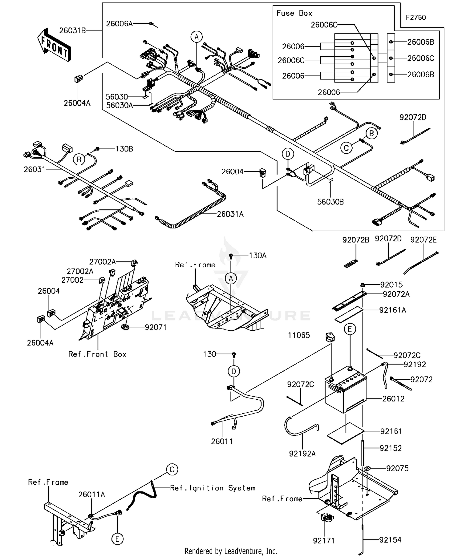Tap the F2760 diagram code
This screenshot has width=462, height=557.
(x=415, y=18)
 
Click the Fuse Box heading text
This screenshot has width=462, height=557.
(x=294, y=13)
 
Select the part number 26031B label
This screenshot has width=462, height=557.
(x=72, y=30)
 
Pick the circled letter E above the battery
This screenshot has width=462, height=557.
(x=350, y=329)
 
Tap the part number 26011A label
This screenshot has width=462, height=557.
(x=91, y=494)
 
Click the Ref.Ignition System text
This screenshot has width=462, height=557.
(x=213, y=488)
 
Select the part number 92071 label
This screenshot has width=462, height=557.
(x=156, y=327)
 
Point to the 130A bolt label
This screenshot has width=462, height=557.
(x=258, y=255)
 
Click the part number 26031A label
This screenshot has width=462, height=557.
(x=230, y=214)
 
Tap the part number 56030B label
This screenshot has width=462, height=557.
(x=330, y=202)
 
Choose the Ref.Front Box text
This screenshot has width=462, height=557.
(x=97, y=354)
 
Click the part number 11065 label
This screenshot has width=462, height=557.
(x=299, y=335)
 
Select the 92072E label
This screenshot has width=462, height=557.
(x=423, y=240)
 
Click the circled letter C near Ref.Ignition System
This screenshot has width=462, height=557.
(x=172, y=469)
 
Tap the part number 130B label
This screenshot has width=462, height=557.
(x=124, y=149)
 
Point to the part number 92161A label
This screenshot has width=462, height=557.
(x=392, y=310)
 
